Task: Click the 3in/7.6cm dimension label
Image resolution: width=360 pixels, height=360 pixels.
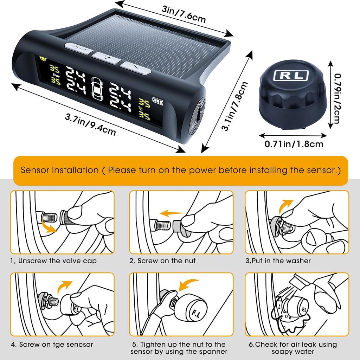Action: tap(184, 14)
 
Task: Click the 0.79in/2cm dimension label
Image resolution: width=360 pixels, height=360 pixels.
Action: tap(338, 98)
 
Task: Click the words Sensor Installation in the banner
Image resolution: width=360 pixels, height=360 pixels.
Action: tap(59, 171)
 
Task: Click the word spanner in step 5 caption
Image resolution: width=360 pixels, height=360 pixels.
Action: tap(214, 352)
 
